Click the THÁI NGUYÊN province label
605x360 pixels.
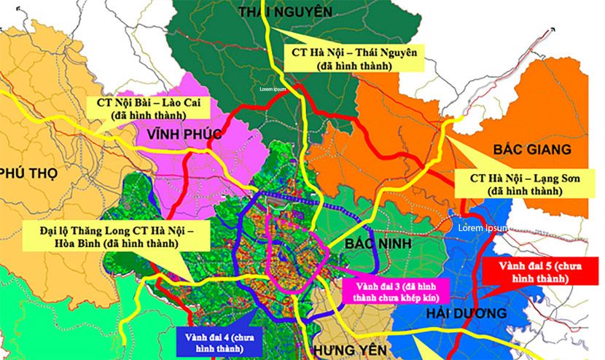285,12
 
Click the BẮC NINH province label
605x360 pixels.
380,243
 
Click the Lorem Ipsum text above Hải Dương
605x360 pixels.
483,228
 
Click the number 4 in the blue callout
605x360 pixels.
228,336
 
